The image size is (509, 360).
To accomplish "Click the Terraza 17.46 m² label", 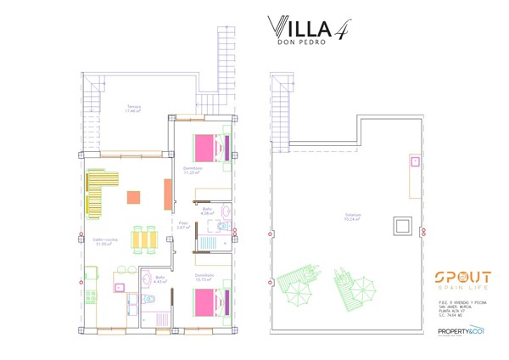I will pyautogui.click(x=131, y=109).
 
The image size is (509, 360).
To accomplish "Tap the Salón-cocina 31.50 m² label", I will pyautogui.click(x=103, y=242).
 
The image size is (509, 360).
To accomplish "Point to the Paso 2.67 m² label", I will pyautogui.click(x=182, y=226).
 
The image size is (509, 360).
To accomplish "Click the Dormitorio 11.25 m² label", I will pyautogui.click(x=193, y=170).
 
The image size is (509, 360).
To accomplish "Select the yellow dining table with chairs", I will pyautogui.click(x=143, y=239).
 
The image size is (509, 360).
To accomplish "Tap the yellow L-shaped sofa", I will pyautogui.click(x=100, y=191).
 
